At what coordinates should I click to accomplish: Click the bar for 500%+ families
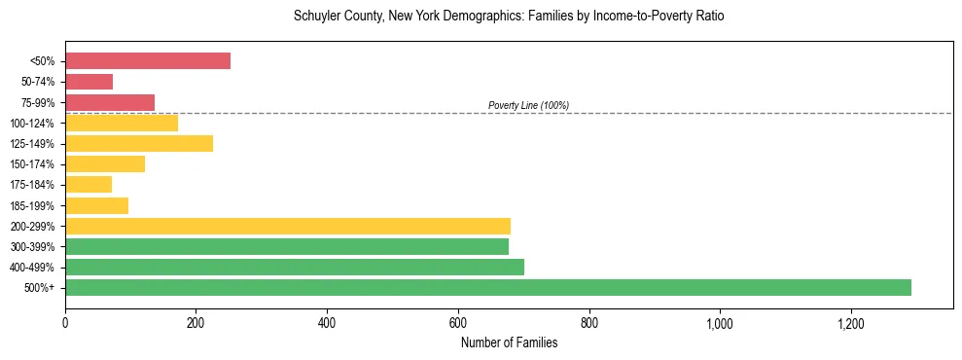pos(487,287)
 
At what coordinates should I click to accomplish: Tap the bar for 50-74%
pos(89,82)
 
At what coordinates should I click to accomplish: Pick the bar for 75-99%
pos(110,102)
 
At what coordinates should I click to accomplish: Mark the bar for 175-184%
pos(89,185)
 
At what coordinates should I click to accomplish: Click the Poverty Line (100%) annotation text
pos(528,105)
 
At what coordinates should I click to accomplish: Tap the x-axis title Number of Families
pos(509,342)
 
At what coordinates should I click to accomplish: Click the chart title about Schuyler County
pos(509,17)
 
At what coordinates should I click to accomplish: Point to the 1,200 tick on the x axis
pos(850,321)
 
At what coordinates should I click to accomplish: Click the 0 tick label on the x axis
pos(65,321)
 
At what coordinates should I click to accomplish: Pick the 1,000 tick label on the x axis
pos(720,321)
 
